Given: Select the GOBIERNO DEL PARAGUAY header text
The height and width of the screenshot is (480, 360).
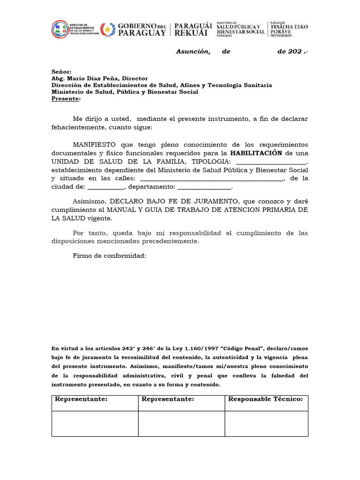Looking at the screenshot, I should (x=141, y=30).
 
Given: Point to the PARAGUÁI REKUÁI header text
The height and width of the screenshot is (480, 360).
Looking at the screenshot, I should (x=193, y=30).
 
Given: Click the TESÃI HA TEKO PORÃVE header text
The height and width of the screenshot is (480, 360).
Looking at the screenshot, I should (x=289, y=30).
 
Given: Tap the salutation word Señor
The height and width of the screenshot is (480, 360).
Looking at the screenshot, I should (x=61, y=72).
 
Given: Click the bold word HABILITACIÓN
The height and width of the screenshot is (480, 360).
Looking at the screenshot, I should (x=255, y=153).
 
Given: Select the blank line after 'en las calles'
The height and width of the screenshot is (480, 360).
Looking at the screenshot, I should (x=211, y=179).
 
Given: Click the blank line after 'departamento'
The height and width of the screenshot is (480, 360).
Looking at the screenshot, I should (x=204, y=187).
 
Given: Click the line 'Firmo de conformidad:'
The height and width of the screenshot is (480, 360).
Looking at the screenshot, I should (x=110, y=256).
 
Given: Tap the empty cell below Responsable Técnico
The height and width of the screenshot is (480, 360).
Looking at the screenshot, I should (x=266, y=424).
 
